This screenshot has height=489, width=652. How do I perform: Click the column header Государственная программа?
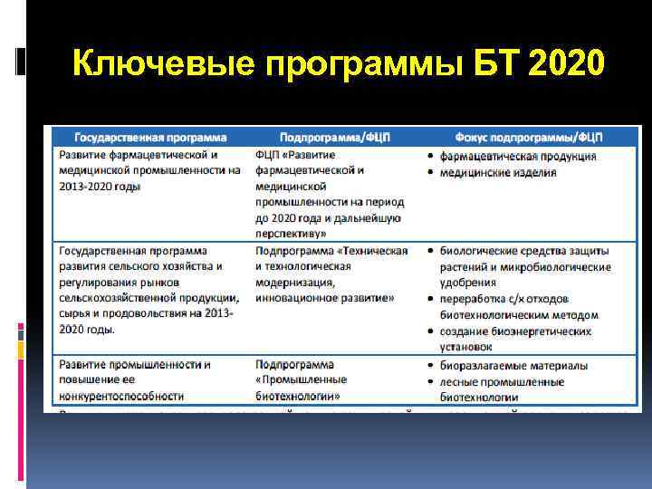[x=150, y=138]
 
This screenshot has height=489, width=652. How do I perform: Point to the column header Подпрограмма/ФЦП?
[x=335, y=138]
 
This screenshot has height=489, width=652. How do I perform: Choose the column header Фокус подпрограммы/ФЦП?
[x=525, y=138]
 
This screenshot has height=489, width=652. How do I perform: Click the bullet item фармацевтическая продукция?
[x=518, y=156]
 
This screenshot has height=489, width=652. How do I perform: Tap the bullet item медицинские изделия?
[x=498, y=172]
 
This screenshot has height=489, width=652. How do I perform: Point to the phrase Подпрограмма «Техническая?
[x=331, y=250]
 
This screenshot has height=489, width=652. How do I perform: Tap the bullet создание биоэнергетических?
[x=515, y=331]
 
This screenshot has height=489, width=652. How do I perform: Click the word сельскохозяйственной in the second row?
[x=119, y=298]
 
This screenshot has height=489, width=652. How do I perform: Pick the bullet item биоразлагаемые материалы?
[x=513, y=365]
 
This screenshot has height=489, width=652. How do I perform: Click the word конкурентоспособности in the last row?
[x=120, y=396]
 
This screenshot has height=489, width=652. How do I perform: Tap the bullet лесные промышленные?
[x=502, y=380]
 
